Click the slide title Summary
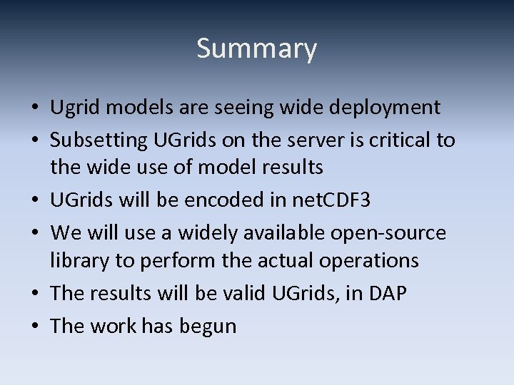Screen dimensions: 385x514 (256, 49)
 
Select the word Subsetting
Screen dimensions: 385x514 (99, 140)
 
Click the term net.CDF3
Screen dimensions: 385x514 (331, 200)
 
